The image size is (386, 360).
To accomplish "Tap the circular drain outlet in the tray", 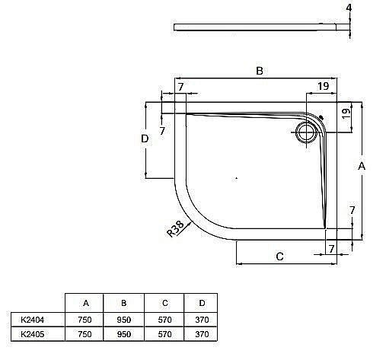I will (308, 132).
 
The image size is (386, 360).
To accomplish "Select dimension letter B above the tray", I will (259, 71).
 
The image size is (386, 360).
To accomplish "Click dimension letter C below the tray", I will (279, 256).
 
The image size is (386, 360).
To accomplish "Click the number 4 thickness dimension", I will (349, 9).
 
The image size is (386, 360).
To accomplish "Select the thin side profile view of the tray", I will (259, 27).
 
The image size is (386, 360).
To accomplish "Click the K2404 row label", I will (33, 320).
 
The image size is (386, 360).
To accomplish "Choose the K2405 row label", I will (33, 333).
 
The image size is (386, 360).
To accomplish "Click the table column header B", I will (123, 304).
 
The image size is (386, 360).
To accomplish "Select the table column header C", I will (161, 304).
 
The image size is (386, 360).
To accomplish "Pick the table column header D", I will (199, 304).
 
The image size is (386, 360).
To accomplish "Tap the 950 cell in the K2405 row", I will (123, 333).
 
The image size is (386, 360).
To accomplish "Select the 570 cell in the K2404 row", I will (161, 320).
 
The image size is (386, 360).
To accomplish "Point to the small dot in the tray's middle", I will (237, 177).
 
